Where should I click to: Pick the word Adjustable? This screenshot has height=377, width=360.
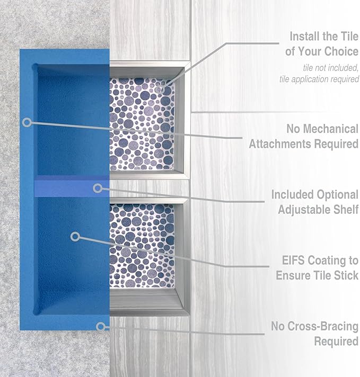(x=304, y=210)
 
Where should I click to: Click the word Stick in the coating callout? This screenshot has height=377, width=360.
(x=345, y=275)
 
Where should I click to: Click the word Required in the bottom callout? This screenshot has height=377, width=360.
(x=336, y=342)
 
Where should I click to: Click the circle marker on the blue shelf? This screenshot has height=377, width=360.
(x=97, y=188)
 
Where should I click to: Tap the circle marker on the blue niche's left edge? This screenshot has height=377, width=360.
(x=27, y=122)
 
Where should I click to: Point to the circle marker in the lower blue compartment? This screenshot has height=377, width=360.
(x=75, y=236)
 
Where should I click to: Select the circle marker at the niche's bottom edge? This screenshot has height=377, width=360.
(x=100, y=326)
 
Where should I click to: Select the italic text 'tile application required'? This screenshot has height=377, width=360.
(x=319, y=79)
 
